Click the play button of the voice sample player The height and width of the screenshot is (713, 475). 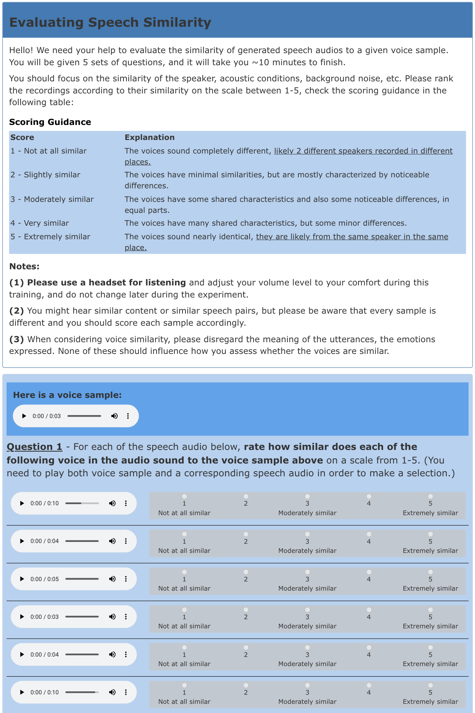tap(24, 416)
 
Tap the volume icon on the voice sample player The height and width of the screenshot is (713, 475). tap(114, 416)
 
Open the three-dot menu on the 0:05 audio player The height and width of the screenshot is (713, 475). tap(126, 579)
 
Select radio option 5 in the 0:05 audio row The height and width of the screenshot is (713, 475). tap(430, 572)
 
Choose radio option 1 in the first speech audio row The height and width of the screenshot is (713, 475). tap(184, 496)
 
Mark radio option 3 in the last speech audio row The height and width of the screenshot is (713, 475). tap(307, 685)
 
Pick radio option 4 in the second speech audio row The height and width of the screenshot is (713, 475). tap(369, 534)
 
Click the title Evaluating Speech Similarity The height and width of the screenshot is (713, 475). tap(110, 22)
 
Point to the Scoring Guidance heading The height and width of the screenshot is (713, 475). tap(50, 122)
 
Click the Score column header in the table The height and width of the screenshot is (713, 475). tap(22, 137)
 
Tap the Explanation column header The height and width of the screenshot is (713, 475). tap(150, 137)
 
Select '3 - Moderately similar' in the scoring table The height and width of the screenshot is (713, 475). tap(52, 199)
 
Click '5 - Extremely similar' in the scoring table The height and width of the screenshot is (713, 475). tap(50, 237)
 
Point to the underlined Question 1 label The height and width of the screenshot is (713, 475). tap(34, 447)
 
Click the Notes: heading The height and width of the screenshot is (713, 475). tap(24, 266)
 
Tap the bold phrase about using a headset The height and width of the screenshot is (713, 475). tap(106, 282)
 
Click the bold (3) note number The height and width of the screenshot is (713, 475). tap(16, 339)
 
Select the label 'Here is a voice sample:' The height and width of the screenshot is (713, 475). tap(67, 395)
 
